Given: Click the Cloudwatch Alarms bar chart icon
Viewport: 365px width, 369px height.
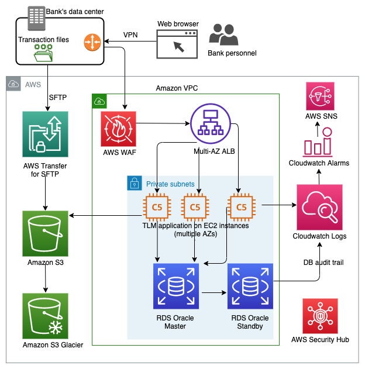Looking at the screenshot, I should click(319, 143).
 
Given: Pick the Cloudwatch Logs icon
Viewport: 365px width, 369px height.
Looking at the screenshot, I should click(319, 207).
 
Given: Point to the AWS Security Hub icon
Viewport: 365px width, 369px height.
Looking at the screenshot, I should click(320, 316).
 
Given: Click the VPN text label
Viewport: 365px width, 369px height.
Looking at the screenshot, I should click(131, 35).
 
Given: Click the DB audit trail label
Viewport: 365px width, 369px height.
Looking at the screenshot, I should click(323, 262).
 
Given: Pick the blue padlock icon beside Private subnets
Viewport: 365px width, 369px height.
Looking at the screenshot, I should click(134, 184).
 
